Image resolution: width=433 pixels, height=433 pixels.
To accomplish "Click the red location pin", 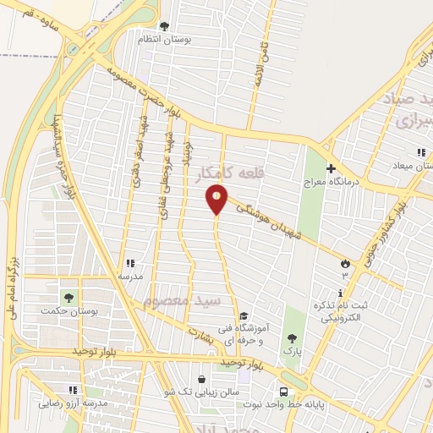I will (x=217, y=199).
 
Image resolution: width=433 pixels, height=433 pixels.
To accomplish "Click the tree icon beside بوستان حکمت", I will (x=68, y=298).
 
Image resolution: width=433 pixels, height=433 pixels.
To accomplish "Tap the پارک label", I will (x=293, y=348).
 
